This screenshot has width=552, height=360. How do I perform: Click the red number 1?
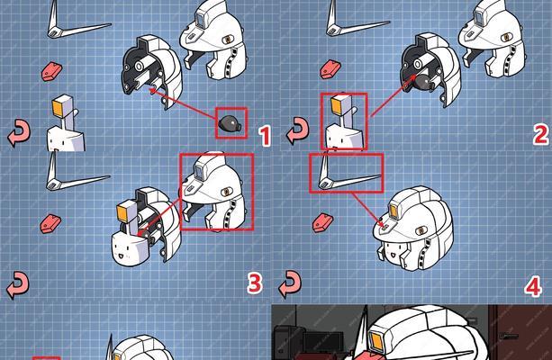pos(265,136)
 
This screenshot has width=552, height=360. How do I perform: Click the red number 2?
pos(540,134)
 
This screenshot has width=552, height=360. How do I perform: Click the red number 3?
pos(254,283)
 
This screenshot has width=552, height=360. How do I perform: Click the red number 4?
pos(533,286)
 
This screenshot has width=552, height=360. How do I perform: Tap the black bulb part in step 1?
pos(231,123)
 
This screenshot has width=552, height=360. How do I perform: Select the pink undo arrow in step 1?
pos(19,132)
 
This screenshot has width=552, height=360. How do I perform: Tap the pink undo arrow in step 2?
pos(297,130)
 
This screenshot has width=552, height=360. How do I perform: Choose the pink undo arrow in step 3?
pos(18,284)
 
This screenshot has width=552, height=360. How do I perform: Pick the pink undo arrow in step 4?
pos(291,284)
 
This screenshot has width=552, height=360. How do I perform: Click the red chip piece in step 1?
pos(51,71)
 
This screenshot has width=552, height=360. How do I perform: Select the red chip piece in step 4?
pos(322,223)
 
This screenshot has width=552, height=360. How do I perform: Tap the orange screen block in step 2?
pos(338,105)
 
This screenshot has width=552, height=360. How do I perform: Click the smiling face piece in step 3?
pos(128,250)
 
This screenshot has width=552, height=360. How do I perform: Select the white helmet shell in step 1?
pos(213,39)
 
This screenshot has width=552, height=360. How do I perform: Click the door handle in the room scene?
pos(508,336)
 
